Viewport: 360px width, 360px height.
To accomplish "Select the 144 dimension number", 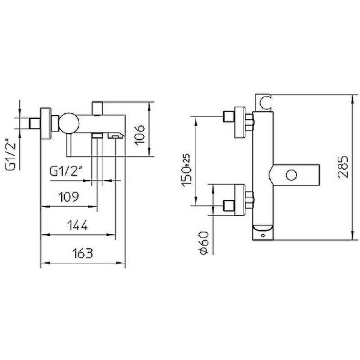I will pyautogui.click(x=77, y=226).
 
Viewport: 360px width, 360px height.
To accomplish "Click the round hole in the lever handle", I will pyautogui.click(x=292, y=176).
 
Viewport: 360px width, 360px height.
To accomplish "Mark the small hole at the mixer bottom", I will pyautogui.click(x=262, y=236).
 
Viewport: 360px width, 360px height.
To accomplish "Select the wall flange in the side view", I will pyautogui.click(x=45, y=124).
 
